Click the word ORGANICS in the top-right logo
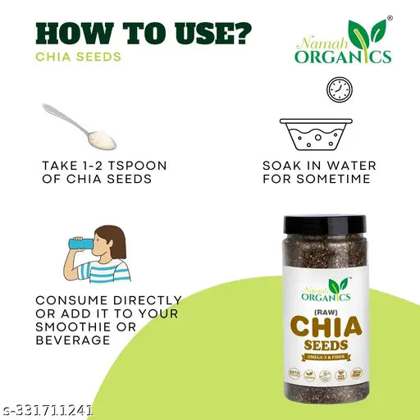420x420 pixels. click(345, 57)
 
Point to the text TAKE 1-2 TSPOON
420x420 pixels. click(104, 165)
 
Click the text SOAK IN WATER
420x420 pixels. click(319, 165)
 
